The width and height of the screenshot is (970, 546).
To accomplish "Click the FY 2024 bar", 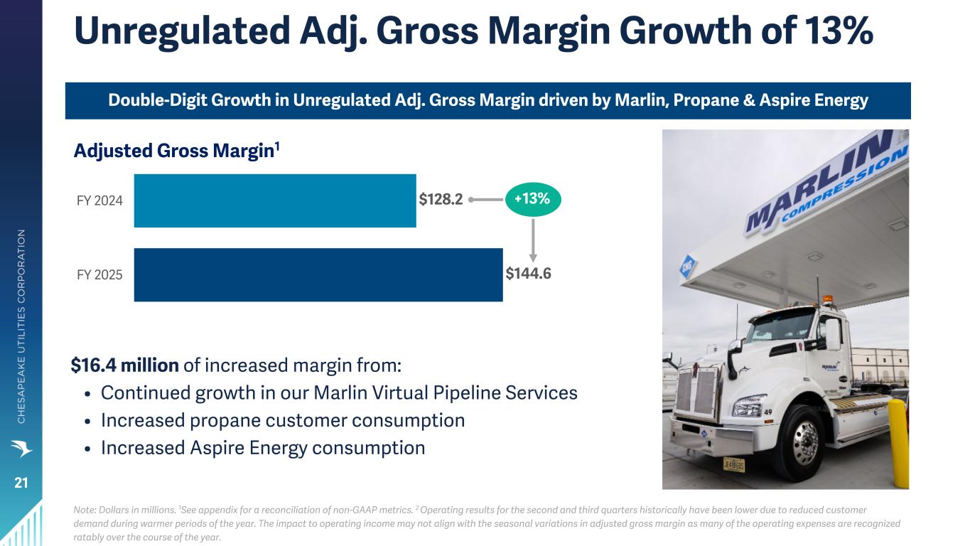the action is click(x=275, y=200).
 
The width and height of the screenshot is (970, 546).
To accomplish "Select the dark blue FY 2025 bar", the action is click(x=318, y=274).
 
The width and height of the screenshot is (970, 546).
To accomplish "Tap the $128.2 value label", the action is click(x=441, y=199).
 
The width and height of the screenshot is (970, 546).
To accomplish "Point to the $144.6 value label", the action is click(x=528, y=274).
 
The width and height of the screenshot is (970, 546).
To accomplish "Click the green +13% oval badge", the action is click(x=533, y=199).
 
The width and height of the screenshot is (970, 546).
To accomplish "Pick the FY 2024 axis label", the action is click(x=99, y=200).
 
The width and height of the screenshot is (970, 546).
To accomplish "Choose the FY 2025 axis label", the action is click(x=99, y=274).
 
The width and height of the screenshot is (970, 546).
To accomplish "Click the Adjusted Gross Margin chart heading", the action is click(x=177, y=151).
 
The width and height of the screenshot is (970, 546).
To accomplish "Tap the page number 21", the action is click(x=21, y=483).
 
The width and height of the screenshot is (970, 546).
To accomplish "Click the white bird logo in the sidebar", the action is click(x=21, y=448).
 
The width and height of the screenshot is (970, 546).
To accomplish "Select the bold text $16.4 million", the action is click(x=125, y=365).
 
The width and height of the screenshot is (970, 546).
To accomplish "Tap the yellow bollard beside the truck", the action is click(x=898, y=444).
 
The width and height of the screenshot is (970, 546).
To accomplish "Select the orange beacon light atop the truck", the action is click(x=828, y=299).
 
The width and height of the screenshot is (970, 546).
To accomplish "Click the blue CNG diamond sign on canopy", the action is click(x=687, y=266).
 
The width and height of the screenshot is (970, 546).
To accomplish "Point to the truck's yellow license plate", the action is click(x=733, y=465).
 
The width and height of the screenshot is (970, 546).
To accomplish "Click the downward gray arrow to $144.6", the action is click(x=533, y=240).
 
